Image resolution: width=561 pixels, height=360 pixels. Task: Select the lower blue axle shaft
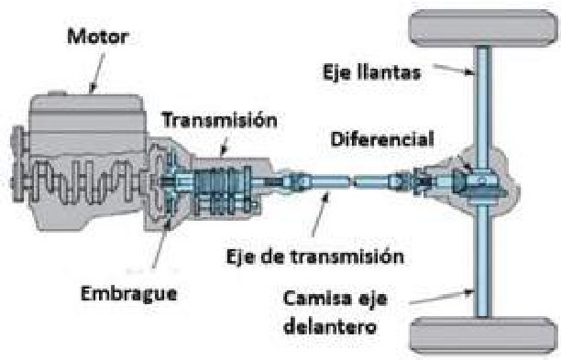(483, 266)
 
